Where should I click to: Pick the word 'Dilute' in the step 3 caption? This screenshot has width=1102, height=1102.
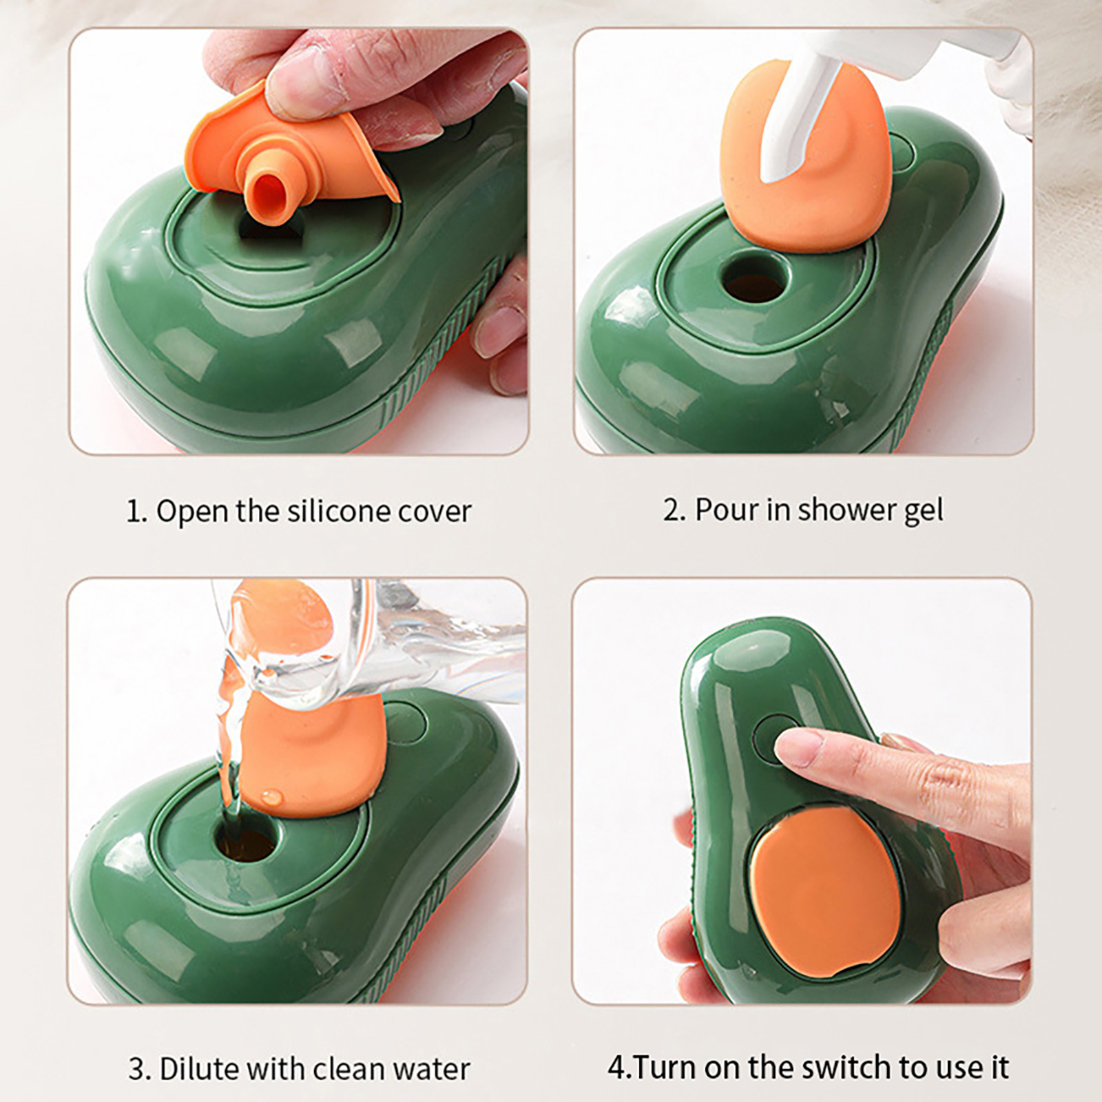click(200, 1068)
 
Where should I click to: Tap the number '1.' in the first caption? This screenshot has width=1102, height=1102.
click(137, 512)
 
